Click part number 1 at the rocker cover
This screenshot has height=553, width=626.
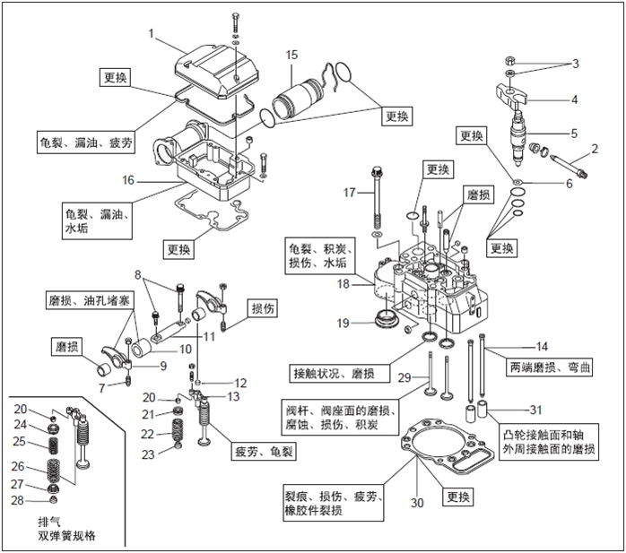(x=152, y=33)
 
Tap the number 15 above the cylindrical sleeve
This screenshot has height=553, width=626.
(x=291, y=56)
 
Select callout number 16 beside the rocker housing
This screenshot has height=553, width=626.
(x=128, y=180)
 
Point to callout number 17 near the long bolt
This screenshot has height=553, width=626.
(x=350, y=192)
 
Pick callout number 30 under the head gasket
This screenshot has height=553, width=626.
(x=416, y=503)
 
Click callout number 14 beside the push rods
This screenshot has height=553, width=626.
(x=541, y=346)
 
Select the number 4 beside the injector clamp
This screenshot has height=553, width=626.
(x=575, y=99)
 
